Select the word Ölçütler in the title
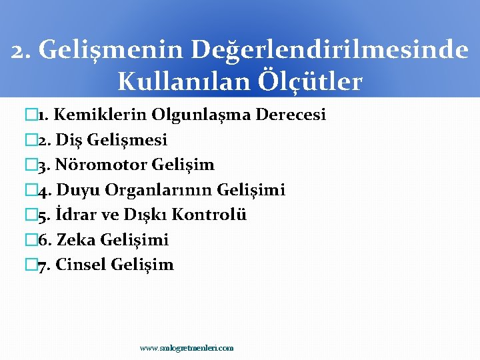317,81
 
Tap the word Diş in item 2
68,140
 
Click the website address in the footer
187,348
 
